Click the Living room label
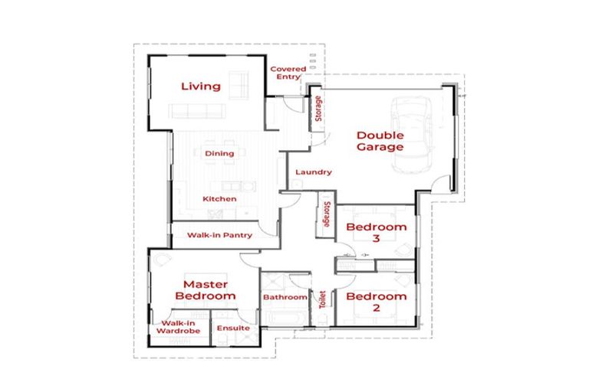tap(200, 86)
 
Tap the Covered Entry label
tap(288, 73)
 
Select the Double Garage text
tap(380, 141)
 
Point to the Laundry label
tap(312, 172)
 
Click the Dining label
tap(219, 153)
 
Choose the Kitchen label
tap(219, 199)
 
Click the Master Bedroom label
tap(204, 289)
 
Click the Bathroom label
tap(285, 297)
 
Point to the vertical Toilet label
tap(321, 297)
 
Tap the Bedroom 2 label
tap(376, 302)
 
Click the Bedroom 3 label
tap(376, 233)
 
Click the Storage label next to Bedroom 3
tap(327, 214)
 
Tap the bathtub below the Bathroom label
tap(284, 317)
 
